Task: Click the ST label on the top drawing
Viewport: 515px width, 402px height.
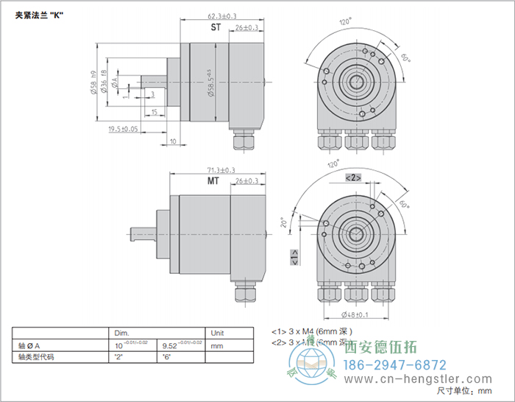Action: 216,27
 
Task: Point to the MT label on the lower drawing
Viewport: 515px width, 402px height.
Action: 213,181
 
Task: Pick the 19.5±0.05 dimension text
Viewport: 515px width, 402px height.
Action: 123,129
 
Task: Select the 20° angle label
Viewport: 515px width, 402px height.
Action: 283,223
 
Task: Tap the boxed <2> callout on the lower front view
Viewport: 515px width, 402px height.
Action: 352,177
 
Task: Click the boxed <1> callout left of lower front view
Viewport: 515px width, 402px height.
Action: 294,257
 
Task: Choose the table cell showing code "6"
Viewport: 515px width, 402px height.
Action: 167,357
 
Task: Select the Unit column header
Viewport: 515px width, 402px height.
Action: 219,332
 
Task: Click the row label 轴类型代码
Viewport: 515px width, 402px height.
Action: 36,357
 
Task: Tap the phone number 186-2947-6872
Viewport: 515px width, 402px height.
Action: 396,365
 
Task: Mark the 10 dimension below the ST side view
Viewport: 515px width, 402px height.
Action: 174,141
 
